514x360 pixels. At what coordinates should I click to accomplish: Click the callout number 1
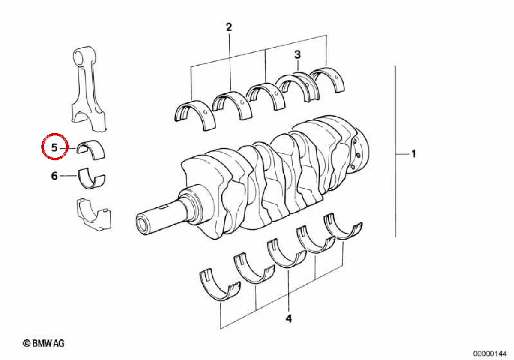coord(414,153)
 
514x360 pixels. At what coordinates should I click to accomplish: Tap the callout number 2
coord(229,27)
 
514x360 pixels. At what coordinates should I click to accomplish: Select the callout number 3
coord(297,54)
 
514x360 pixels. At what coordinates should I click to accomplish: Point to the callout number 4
coord(289,319)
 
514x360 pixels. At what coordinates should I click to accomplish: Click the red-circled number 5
coord(54,147)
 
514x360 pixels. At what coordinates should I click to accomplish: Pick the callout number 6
coord(54,176)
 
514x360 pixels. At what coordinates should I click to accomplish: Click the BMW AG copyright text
coord(44,343)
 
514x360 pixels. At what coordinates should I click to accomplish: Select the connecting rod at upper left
coord(88,89)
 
